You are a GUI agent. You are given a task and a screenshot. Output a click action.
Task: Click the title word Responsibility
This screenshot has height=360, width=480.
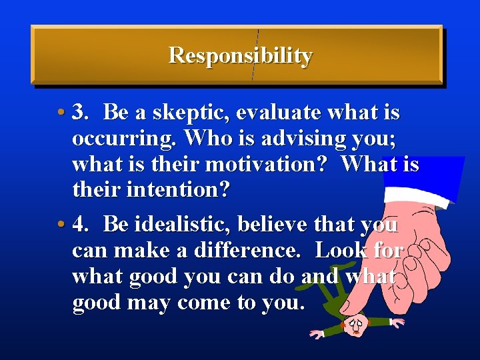240,55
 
